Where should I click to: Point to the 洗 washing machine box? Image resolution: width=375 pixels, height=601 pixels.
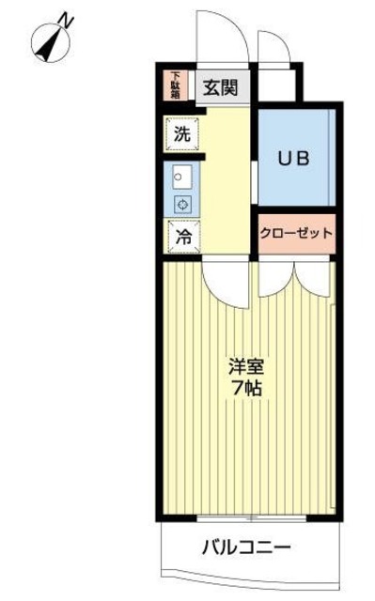click(x=181, y=134)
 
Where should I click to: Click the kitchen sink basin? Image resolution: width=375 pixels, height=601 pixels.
click(x=182, y=177)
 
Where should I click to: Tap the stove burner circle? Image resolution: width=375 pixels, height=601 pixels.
click(x=182, y=204)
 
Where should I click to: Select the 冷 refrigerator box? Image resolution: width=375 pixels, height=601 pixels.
click(x=184, y=238)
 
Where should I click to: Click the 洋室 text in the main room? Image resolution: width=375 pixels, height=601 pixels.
click(x=246, y=363)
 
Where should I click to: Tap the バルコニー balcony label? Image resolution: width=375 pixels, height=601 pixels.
click(x=245, y=546)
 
